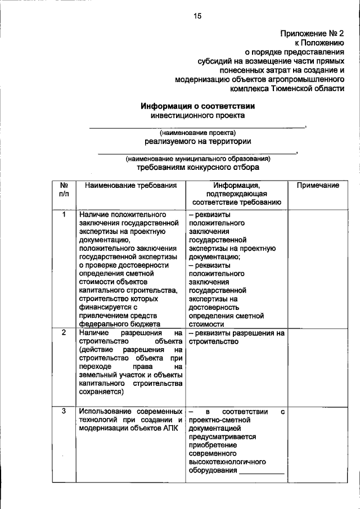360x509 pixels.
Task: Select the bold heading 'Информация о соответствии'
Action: pyautogui.click(x=197, y=105)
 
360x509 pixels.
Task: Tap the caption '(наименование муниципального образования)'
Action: pyautogui.click(x=197, y=159)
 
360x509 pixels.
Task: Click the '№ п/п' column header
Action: pyautogui.click(x=64, y=190)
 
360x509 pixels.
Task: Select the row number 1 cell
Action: pyautogui.click(x=64, y=214)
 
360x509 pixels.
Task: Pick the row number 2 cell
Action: pyautogui.click(x=64, y=332)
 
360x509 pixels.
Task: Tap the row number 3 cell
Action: pyautogui.click(x=64, y=411)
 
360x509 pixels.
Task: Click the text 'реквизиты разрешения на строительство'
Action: pyautogui.click(x=236, y=337)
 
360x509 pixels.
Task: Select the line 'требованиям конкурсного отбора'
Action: pyautogui.click(x=197, y=168)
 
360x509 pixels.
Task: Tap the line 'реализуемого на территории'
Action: pyautogui.click(x=197, y=141)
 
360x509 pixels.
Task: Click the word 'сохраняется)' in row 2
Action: pyautogui.click(x=102, y=392)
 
